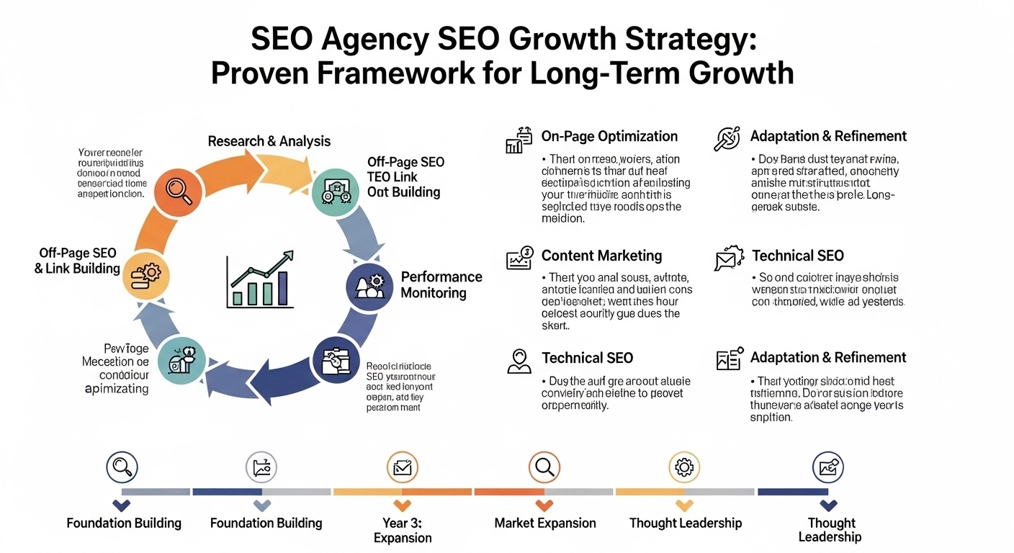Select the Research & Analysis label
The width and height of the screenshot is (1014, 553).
269,141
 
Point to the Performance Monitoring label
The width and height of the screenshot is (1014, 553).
441,285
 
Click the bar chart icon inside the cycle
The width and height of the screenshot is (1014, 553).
260,280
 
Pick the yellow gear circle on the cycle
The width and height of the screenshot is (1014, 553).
146,275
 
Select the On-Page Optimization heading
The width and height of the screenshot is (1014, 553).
609,136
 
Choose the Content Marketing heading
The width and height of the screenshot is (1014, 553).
601,256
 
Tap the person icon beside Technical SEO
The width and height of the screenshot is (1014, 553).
519,360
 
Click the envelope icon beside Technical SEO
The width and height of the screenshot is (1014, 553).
727,258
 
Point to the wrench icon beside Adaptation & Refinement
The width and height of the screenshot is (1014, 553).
727,138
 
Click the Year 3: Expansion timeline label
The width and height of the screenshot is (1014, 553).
403,531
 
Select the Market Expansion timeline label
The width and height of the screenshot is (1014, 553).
545,523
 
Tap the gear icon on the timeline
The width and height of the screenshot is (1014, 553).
683,468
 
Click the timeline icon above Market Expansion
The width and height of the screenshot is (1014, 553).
544,468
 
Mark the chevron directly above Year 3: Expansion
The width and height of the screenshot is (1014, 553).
403,505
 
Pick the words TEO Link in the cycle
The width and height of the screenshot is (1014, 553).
392,177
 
